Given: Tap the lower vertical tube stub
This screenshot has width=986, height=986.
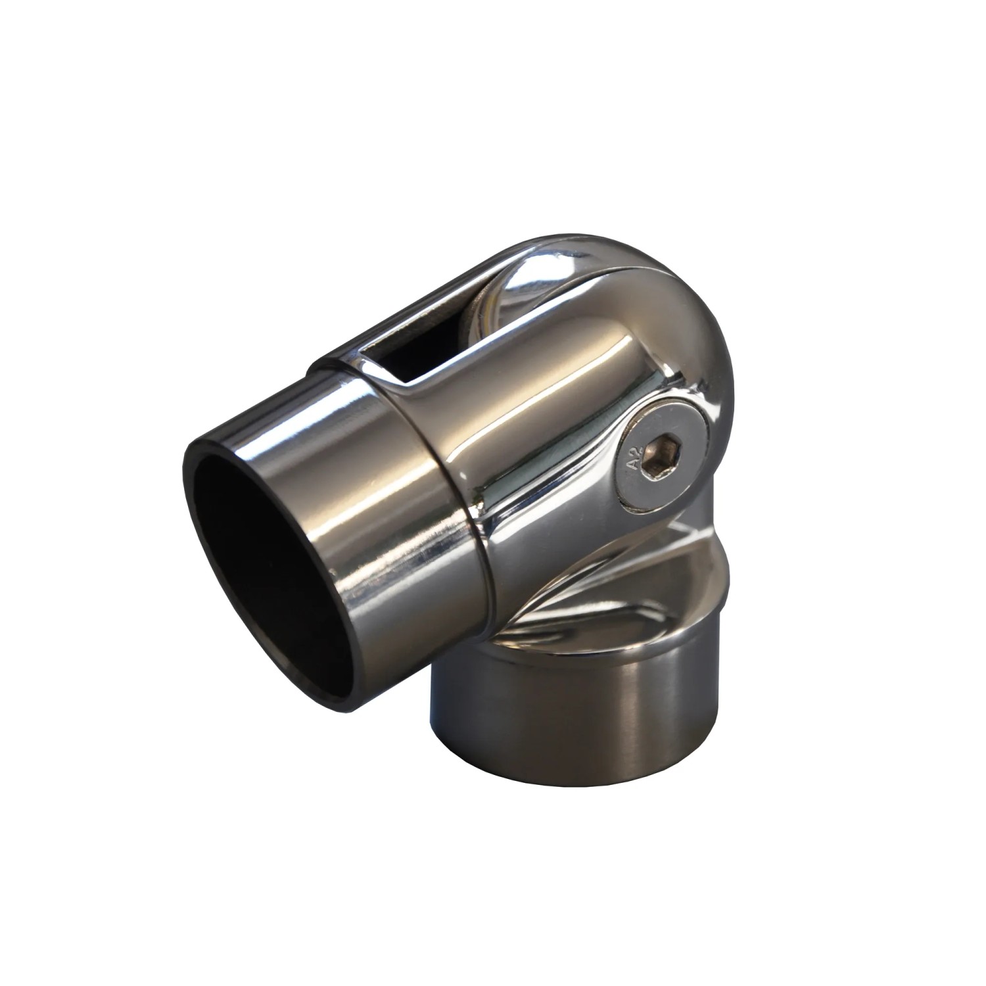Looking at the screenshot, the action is (x=578, y=690).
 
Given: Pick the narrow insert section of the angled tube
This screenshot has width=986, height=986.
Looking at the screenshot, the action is (x=309, y=500).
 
